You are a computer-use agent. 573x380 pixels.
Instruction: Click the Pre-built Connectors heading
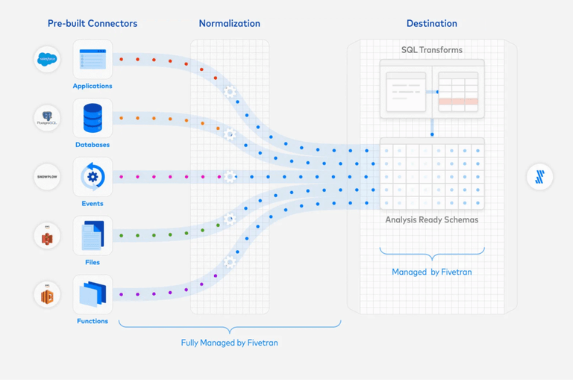[92, 23]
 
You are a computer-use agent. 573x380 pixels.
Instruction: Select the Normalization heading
[229, 23]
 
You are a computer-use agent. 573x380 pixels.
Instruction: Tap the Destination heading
[431, 23]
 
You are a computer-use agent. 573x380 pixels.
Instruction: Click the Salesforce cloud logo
[47, 59]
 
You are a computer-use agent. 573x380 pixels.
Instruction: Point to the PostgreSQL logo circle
[47, 118]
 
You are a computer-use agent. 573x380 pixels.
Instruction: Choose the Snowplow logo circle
[47, 177]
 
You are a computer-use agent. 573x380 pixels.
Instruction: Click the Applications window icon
[93, 59]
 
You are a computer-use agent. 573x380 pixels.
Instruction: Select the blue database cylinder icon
[93, 118]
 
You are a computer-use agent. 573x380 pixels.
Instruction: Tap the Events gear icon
[93, 177]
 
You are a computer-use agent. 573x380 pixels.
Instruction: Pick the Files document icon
[93, 236]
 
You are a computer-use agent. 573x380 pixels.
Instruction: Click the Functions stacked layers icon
[93, 294]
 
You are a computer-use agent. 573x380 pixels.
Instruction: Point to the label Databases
[93, 145]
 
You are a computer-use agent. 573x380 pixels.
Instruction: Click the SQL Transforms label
[431, 50]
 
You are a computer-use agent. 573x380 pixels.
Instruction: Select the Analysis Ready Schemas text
[431, 219]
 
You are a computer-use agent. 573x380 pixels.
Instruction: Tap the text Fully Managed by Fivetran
[229, 343]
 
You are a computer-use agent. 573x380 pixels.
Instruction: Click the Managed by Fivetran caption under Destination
[431, 272]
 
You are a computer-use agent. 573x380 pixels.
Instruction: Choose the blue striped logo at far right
[539, 177]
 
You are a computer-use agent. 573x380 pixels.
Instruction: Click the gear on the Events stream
[231, 177]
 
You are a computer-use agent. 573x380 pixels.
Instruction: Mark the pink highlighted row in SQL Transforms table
[457, 102]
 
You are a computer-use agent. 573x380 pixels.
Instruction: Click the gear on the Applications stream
[230, 92]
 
